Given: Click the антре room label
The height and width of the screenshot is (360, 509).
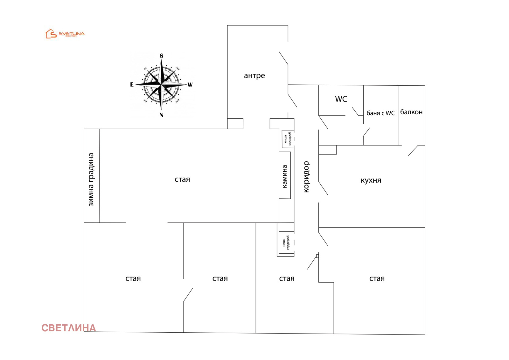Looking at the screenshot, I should (x=254, y=76).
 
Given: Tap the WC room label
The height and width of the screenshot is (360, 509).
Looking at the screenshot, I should (x=341, y=99).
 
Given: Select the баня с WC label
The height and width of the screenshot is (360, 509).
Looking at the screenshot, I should (x=380, y=113).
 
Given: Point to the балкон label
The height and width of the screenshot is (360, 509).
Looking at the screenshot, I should (x=411, y=112).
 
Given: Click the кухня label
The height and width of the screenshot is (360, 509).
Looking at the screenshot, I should (x=371, y=180).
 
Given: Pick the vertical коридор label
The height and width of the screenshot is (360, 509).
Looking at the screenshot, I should (x=306, y=177).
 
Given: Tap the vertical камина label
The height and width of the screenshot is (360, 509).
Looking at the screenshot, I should (x=285, y=176).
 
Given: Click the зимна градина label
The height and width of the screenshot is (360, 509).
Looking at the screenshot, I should (x=91, y=180).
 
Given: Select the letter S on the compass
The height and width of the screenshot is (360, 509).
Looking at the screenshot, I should (x=162, y=56).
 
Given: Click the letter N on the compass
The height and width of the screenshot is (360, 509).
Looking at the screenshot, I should (x=161, y=115).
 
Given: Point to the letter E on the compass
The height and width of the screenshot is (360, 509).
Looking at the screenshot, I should (x=132, y=85).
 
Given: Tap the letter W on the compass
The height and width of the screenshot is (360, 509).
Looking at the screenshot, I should (x=190, y=85).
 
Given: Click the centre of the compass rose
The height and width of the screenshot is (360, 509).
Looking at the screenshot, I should (x=162, y=85).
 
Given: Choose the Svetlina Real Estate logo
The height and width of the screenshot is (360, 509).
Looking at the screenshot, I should (x=65, y=34).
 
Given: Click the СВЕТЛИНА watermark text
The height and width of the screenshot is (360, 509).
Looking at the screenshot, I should (x=68, y=328).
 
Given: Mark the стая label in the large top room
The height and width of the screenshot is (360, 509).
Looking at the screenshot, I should (x=182, y=180).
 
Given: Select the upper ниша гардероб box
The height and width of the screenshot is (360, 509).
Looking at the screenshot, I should (x=288, y=139).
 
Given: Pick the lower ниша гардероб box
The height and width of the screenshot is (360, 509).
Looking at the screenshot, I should (x=286, y=243).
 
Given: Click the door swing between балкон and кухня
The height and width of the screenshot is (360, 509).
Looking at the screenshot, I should (x=413, y=151).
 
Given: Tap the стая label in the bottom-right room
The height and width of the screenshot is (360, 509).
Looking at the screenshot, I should (x=377, y=279).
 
